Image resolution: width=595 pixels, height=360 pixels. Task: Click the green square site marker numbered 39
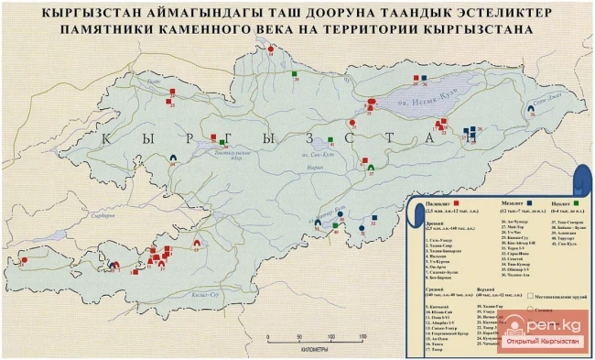[297, 72]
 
